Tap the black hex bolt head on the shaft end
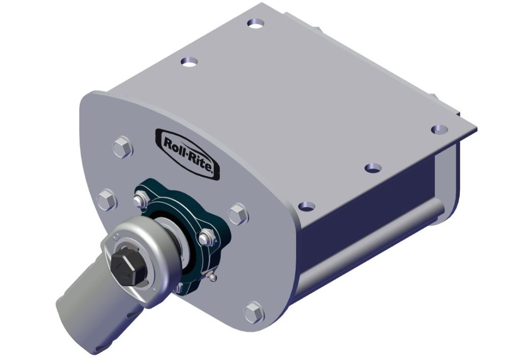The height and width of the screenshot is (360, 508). click(123, 264)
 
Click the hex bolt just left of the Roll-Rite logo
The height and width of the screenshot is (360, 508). click(122, 147)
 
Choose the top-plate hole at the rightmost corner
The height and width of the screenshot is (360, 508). click(438, 129)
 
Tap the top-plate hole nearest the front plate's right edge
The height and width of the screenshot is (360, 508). click(306, 205)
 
